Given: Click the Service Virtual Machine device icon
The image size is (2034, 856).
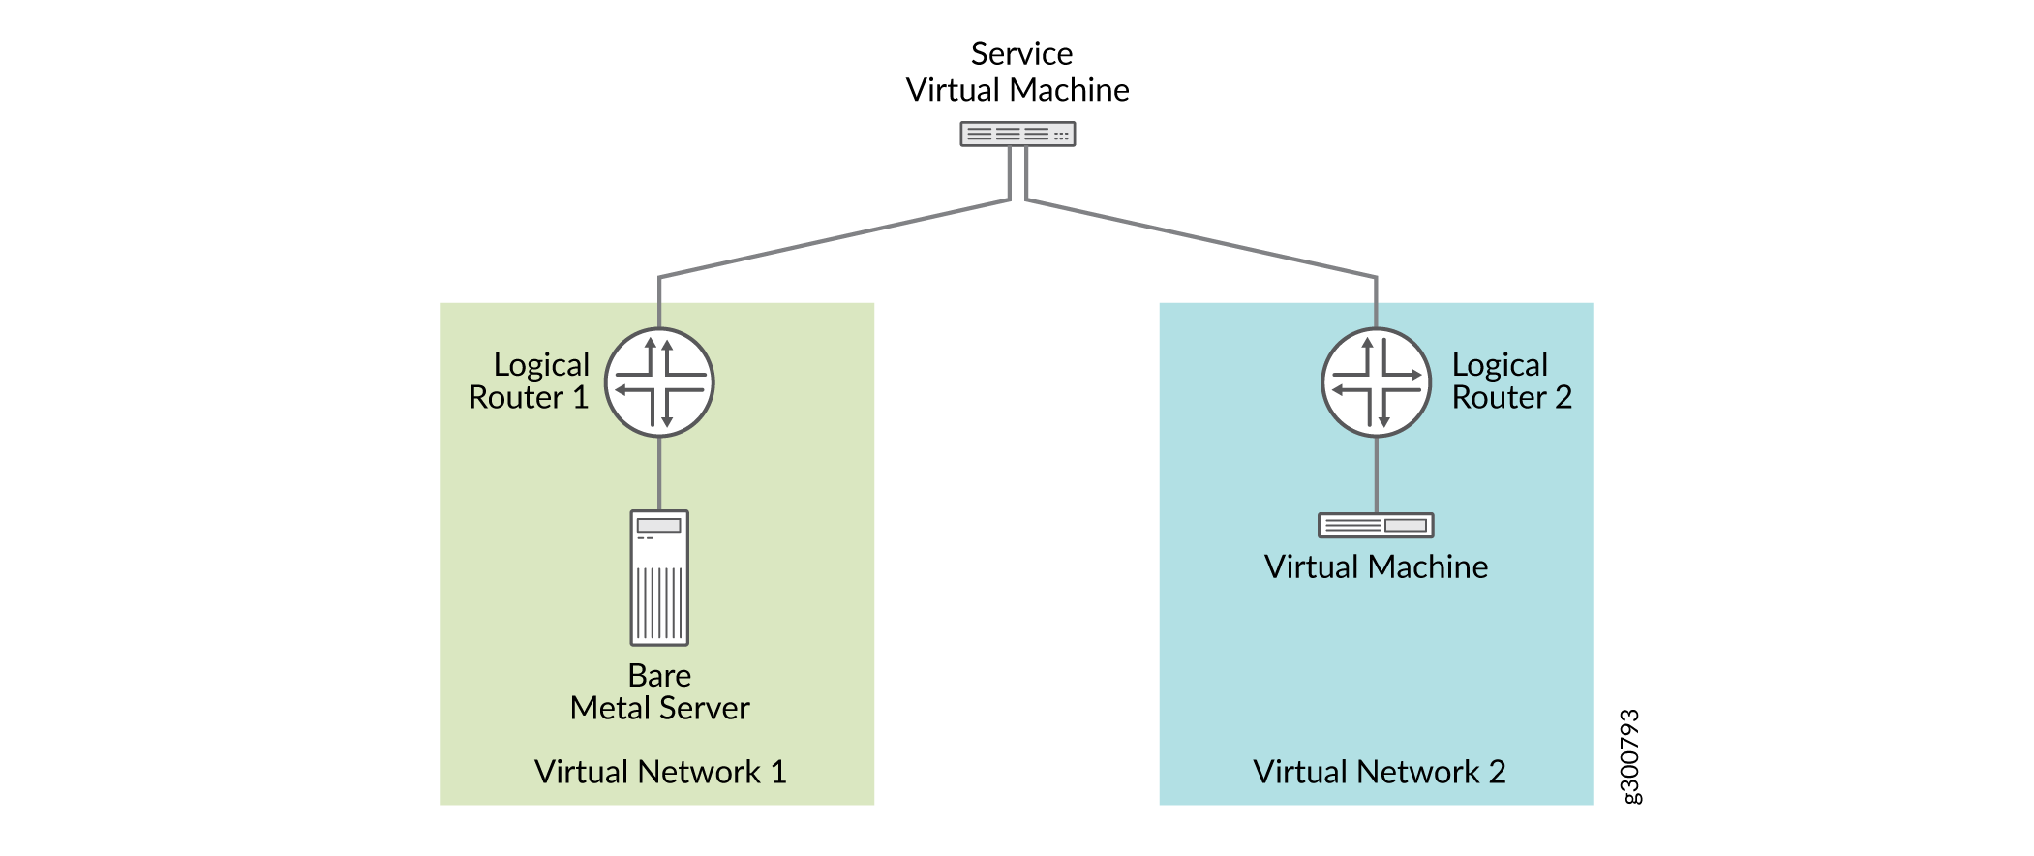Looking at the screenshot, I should coord(1017,134).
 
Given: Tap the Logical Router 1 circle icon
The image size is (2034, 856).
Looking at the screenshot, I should coord(659,382).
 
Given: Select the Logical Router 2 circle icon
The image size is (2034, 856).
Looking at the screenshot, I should coord(1376,382).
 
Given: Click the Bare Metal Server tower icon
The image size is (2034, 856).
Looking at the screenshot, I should coord(659,577).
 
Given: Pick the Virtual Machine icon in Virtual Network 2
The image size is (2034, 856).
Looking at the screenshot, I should coord(1376,525).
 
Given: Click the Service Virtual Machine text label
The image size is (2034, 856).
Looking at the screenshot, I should coord(1017,72).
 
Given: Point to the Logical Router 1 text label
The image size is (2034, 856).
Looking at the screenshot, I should coord(530,381).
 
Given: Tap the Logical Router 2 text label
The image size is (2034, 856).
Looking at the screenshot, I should coord(1511,381).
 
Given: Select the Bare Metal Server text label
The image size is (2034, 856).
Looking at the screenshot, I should coord(659,691).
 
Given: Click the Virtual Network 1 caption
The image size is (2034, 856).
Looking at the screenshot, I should coord(659,772).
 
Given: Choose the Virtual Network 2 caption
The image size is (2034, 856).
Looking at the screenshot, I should coord(1379,772).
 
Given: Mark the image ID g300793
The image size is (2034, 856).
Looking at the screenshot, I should coord(1630,756).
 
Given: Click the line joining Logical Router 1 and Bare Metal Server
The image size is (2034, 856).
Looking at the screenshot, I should coord(659,474).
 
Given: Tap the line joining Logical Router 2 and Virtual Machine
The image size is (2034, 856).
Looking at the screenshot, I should coord(1376,474).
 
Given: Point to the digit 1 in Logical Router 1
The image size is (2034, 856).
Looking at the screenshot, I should coord(581,397).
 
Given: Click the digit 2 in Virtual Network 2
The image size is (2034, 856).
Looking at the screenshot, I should coord(1497,772).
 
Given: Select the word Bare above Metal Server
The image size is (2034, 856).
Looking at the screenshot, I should coord(659,675).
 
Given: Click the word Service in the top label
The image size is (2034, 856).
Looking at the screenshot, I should coord(1021,53).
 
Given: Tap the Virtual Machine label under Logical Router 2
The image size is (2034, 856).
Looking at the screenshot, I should coord(1376,566).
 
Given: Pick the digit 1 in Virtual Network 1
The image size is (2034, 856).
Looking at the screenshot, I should coord(778,772).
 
